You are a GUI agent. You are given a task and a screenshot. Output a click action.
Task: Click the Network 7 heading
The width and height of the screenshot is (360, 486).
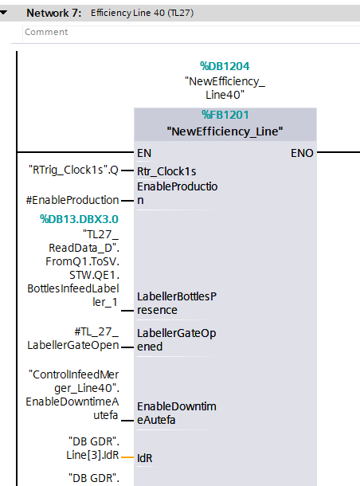[54, 13]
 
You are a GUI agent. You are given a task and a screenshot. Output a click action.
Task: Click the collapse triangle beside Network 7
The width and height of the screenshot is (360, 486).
[3, 13]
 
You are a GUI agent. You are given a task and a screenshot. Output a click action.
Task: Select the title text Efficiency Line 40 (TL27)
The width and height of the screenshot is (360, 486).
[143, 13]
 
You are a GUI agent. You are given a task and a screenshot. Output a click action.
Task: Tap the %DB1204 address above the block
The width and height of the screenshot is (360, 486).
[225, 66]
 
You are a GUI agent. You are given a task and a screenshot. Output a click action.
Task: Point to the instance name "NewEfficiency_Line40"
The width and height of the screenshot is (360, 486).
[225, 88]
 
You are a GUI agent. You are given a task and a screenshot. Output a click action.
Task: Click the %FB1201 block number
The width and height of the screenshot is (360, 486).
[225, 115]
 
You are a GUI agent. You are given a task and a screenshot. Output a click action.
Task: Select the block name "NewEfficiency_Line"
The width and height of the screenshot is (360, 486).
[225, 131]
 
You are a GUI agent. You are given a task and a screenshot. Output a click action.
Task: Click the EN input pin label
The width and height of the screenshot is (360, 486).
[144, 153]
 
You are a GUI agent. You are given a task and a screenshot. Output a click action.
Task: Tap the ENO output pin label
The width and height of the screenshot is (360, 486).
[302, 153]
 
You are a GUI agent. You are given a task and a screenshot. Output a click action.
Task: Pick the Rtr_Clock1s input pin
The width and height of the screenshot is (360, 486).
[166, 171]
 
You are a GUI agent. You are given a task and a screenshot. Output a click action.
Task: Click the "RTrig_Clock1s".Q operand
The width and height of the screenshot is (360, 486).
[73, 170]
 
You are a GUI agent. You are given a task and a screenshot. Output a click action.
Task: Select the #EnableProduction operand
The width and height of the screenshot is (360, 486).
[72, 200]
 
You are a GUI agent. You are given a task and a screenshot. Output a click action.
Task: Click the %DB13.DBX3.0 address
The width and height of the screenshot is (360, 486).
[79, 219]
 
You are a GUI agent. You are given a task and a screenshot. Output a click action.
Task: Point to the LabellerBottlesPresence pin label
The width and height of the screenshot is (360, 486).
[177, 303]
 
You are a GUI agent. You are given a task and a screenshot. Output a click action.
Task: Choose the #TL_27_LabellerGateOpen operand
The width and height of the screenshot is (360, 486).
[73, 339]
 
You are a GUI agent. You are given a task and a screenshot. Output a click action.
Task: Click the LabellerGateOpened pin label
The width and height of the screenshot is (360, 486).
[177, 339]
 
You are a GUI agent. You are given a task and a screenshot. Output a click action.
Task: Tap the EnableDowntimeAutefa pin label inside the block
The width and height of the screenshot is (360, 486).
[177, 413]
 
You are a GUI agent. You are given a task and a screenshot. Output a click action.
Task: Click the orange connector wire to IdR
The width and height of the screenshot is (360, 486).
[127, 457]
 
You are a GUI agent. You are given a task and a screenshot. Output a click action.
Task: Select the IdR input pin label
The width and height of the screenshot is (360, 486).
[145, 458]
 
